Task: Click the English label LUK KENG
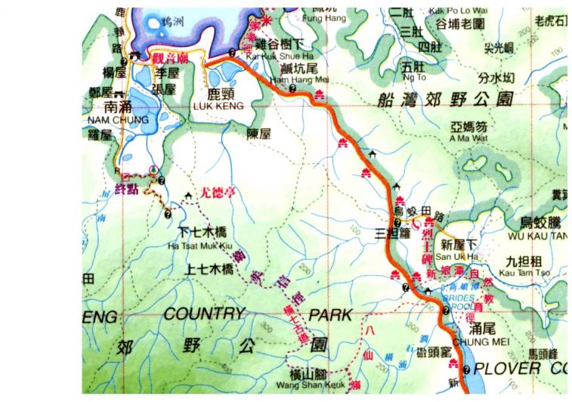tap(224, 107)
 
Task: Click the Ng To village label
tap(416, 77)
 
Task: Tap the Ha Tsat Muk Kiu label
tap(199, 244)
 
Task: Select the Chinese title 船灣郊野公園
tap(449, 99)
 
